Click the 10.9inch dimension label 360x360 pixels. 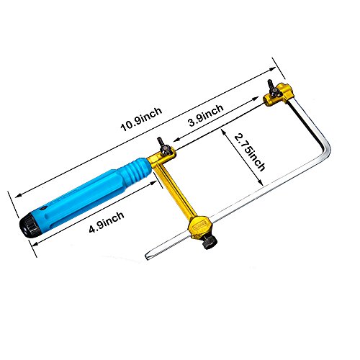click(x=141, y=120)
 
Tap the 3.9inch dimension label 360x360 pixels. click(x=206, y=115)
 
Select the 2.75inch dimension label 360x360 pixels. click(x=250, y=153)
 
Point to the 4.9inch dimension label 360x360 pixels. click(x=107, y=222)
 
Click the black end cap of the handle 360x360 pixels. click(x=28, y=225)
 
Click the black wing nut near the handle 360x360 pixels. click(x=163, y=147)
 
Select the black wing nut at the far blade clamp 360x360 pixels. click(x=274, y=89)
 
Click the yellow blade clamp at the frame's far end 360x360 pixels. click(x=279, y=95)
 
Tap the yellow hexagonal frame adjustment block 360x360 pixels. click(x=199, y=227)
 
